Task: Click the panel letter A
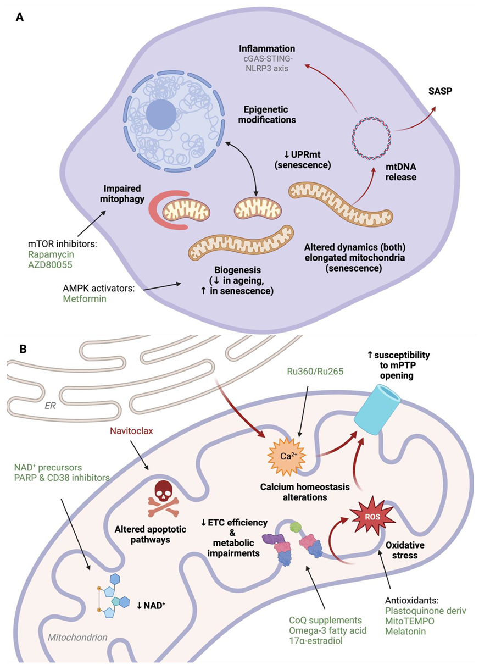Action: pos(20,17)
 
